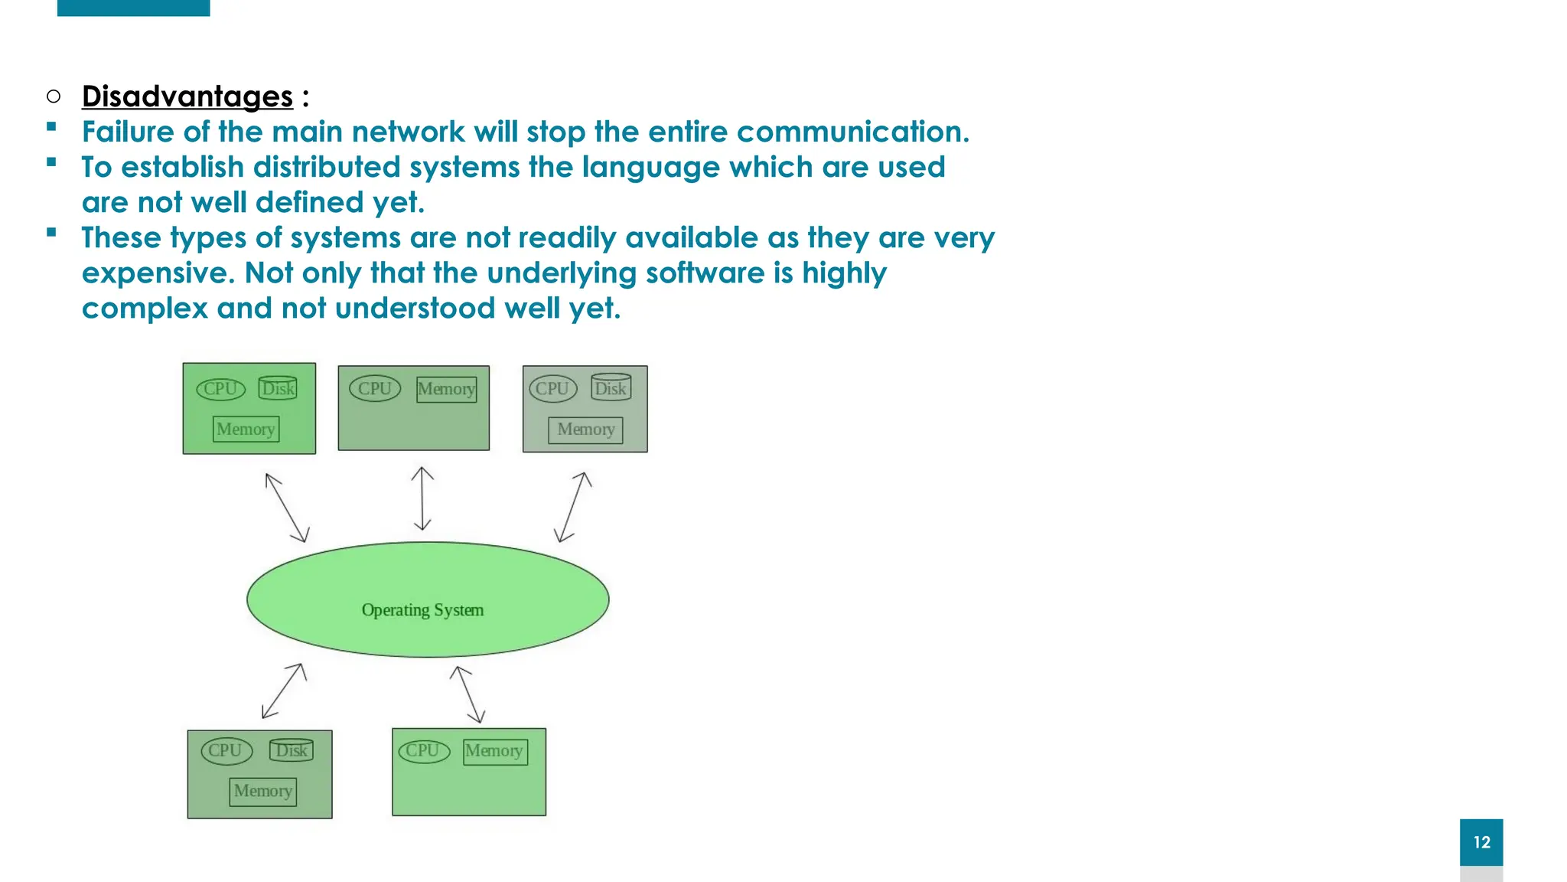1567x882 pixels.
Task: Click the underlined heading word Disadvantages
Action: (187, 97)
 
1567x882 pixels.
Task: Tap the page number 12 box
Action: (1481, 842)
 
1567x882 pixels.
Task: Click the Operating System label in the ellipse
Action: (422, 610)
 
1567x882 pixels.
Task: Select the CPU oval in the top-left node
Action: (220, 389)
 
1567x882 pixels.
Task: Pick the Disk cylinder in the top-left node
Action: (278, 388)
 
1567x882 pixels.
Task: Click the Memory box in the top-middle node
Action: (447, 389)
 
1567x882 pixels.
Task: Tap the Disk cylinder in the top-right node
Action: (611, 388)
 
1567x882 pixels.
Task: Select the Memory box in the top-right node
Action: (585, 430)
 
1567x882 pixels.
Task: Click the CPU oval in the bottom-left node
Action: (226, 751)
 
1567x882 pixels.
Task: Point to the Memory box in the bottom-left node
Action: (262, 791)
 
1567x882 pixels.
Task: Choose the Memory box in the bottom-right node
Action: (495, 751)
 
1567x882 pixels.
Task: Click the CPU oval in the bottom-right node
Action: (423, 751)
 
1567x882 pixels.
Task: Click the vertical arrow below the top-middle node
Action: (422, 498)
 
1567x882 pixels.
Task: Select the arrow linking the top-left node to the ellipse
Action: (287, 508)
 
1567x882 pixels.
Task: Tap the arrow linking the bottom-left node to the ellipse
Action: (284, 691)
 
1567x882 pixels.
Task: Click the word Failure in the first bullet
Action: (128, 132)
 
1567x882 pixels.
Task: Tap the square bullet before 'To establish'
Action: (51, 162)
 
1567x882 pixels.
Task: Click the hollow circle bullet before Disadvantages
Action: (53, 96)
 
